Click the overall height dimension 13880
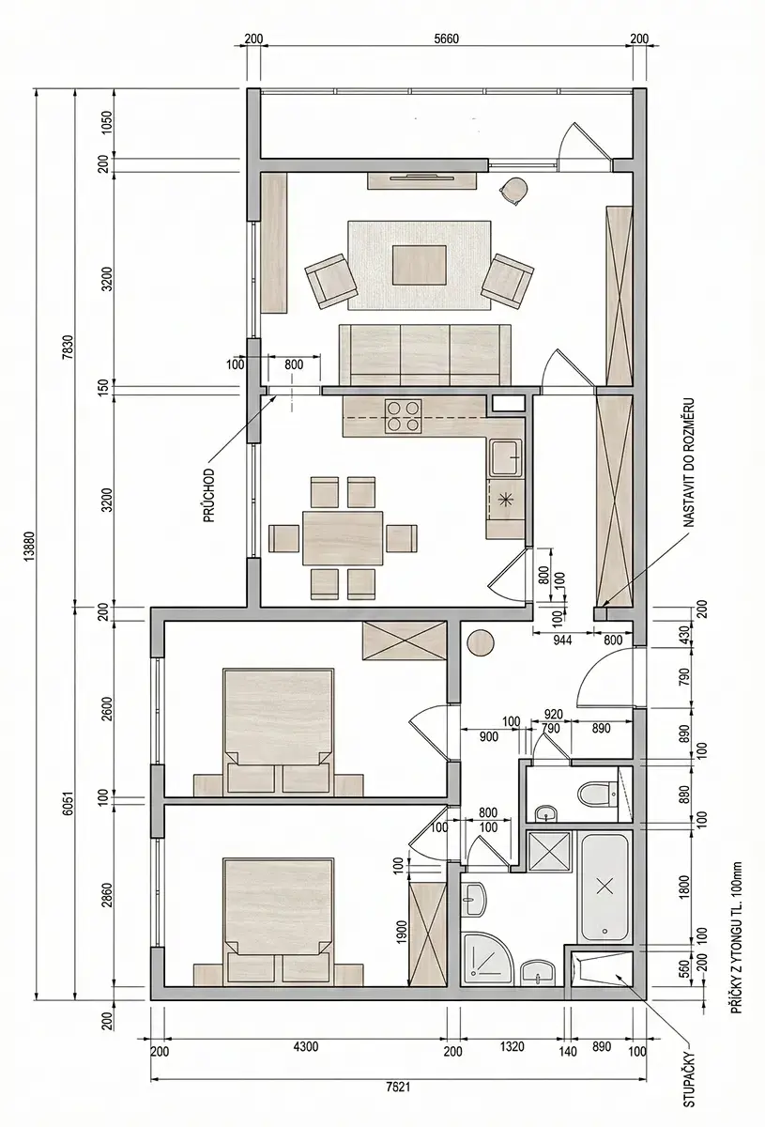click(x=30, y=546)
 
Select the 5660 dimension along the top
click(x=447, y=39)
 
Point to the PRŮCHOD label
click(x=209, y=495)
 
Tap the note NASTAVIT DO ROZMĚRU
click(x=689, y=463)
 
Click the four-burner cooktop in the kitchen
click(x=403, y=416)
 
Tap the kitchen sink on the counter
click(x=506, y=457)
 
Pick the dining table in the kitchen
click(x=343, y=538)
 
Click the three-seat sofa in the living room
click(x=425, y=354)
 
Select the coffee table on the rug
click(x=419, y=265)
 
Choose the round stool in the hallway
click(x=481, y=643)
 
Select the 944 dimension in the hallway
click(x=562, y=641)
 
